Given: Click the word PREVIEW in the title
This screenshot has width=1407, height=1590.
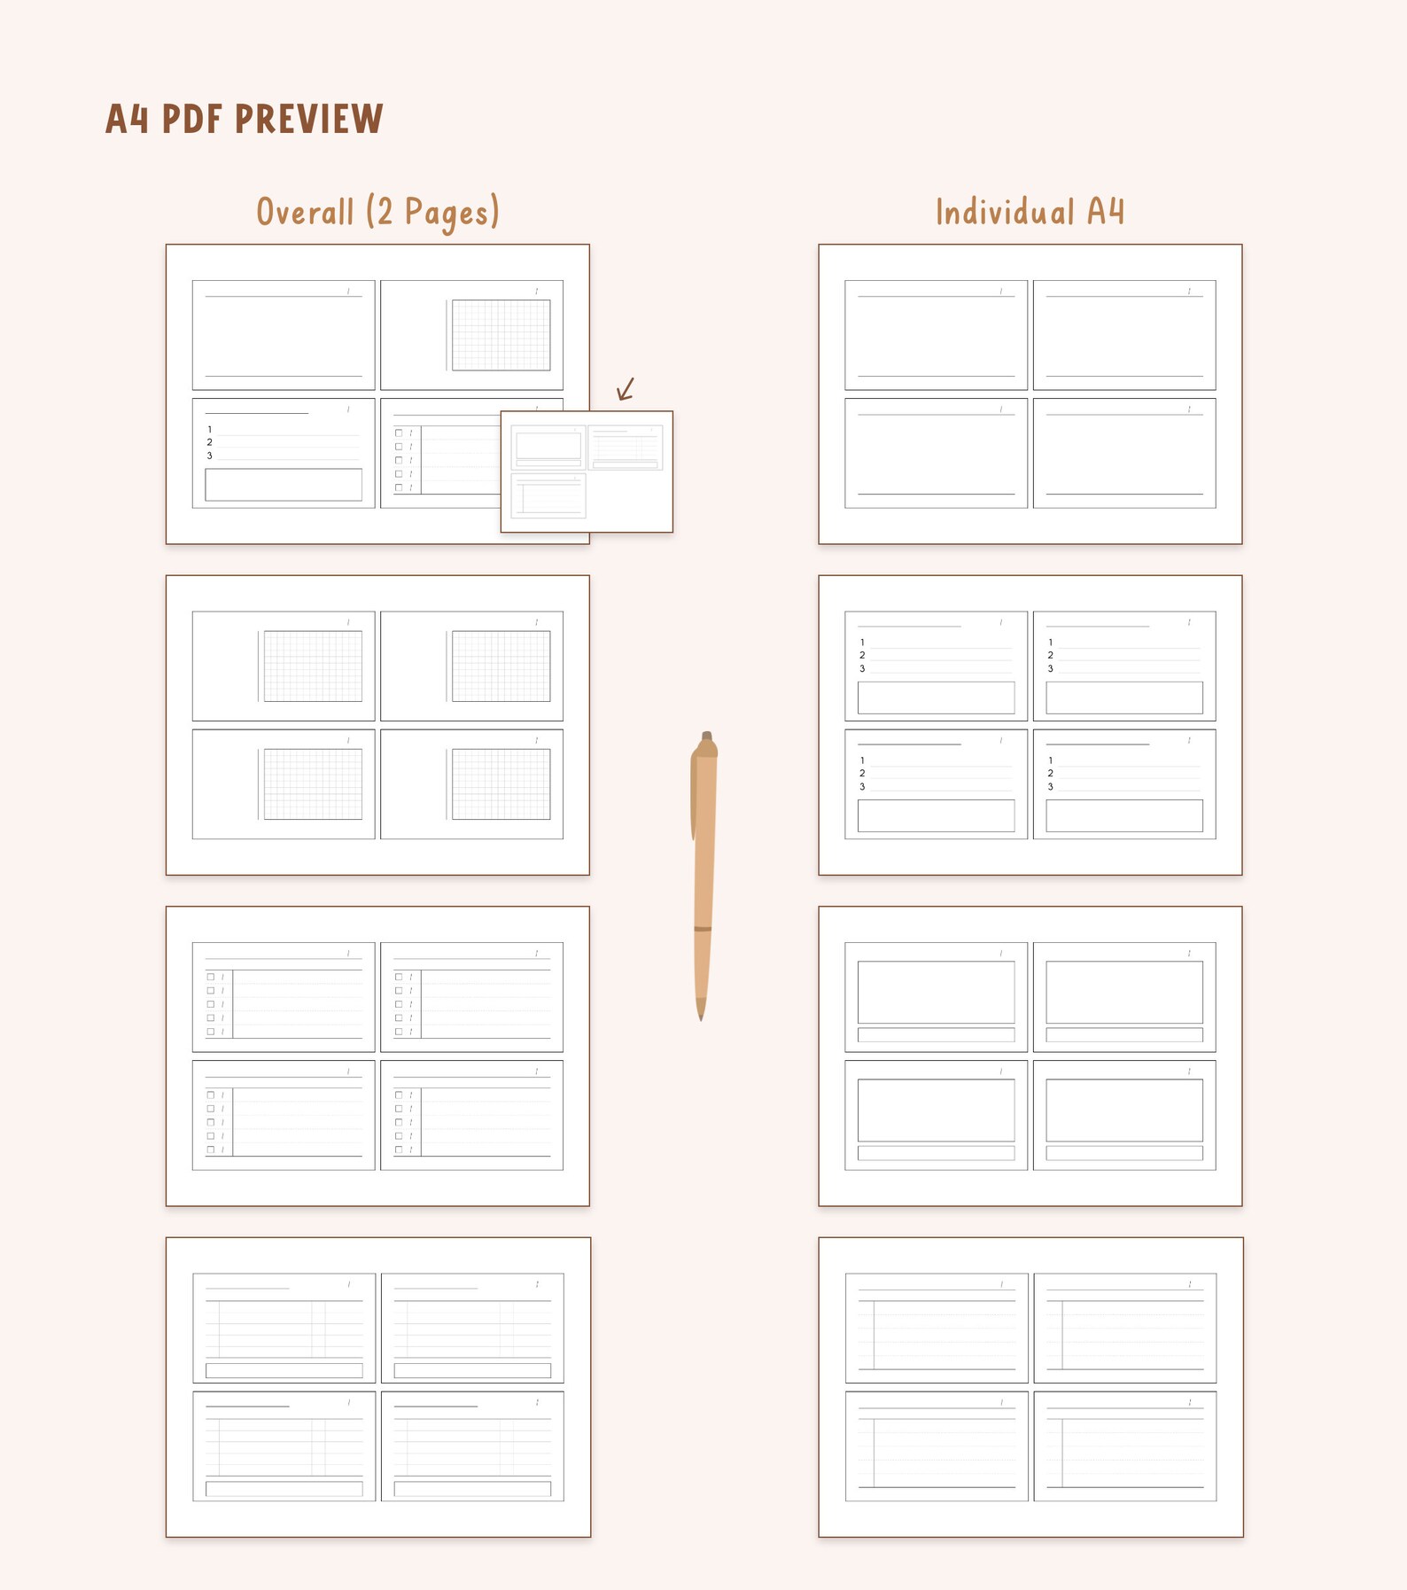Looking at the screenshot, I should [309, 119].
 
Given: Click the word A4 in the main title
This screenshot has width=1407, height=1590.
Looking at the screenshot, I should [127, 119].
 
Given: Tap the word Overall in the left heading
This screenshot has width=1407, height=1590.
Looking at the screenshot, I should [305, 213].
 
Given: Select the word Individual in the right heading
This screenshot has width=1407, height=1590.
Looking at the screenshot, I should [1005, 213].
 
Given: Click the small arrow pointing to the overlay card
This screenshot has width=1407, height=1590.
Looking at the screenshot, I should [626, 389].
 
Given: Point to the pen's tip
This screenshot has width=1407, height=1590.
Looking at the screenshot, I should [701, 1016].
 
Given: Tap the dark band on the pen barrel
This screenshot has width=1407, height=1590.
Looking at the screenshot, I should [703, 929].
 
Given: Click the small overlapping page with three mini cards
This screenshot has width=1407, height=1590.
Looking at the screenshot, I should [587, 472].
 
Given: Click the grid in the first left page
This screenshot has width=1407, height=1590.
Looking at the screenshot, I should [501, 335].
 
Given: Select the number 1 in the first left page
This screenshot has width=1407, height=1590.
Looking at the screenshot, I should [210, 430].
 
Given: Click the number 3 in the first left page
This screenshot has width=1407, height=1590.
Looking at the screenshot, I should [210, 456].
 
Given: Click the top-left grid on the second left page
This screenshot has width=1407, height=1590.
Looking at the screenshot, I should [313, 666].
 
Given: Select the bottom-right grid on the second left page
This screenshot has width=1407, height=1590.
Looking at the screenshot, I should [501, 783].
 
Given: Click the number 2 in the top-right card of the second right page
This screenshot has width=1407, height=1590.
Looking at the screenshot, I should [1051, 656].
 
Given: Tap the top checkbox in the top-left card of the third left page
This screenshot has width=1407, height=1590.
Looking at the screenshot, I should [211, 977].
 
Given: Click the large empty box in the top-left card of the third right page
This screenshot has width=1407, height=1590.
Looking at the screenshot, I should [936, 992].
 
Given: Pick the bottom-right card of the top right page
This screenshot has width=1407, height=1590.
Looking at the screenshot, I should [1124, 453].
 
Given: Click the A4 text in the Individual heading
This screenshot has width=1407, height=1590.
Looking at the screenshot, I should [1105, 213].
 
